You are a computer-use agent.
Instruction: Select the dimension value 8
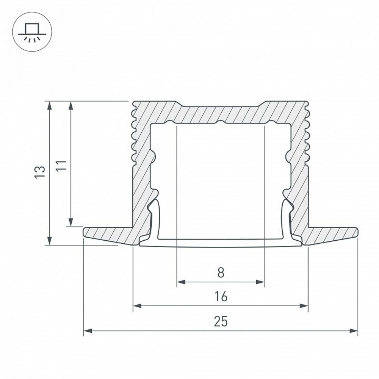point(221,272)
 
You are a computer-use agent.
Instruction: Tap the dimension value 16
point(221,296)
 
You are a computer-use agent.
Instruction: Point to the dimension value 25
point(221,322)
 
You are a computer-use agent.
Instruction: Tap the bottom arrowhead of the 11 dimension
point(70,222)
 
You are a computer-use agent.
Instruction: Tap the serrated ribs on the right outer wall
point(307,136)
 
